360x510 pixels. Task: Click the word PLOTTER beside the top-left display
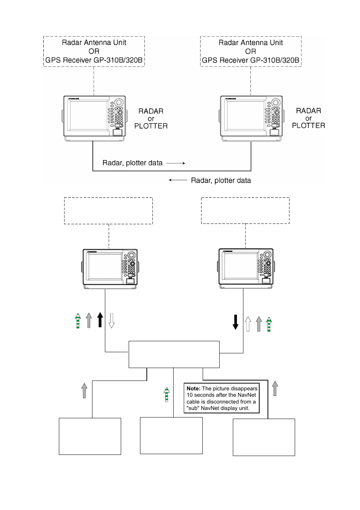[x=151, y=126]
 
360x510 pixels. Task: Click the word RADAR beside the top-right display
[x=308, y=111]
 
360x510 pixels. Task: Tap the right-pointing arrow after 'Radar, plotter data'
[x=176, y=163]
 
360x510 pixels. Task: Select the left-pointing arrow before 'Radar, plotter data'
[x=178, y=180]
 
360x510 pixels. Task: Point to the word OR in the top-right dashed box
[x=251, y=51]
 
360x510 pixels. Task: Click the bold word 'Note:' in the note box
[x=193, y=388]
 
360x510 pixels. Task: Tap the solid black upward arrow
[x=100, y=320]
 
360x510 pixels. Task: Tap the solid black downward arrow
[x=235, y=322]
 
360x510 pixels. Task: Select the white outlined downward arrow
[x=111, y=320]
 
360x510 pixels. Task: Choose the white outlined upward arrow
[x=248, y=324]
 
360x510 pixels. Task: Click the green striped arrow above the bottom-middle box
[x=166, y=394]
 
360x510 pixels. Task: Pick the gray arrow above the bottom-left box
[x=84, y=390]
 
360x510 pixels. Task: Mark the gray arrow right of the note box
[x=275, y=388]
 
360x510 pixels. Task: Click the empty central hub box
[x=174, y=354]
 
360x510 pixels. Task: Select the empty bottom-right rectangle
[x=264, y=437]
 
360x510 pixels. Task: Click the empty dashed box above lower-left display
[x=108, y=211]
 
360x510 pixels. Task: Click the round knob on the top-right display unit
[x=276, y=103]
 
